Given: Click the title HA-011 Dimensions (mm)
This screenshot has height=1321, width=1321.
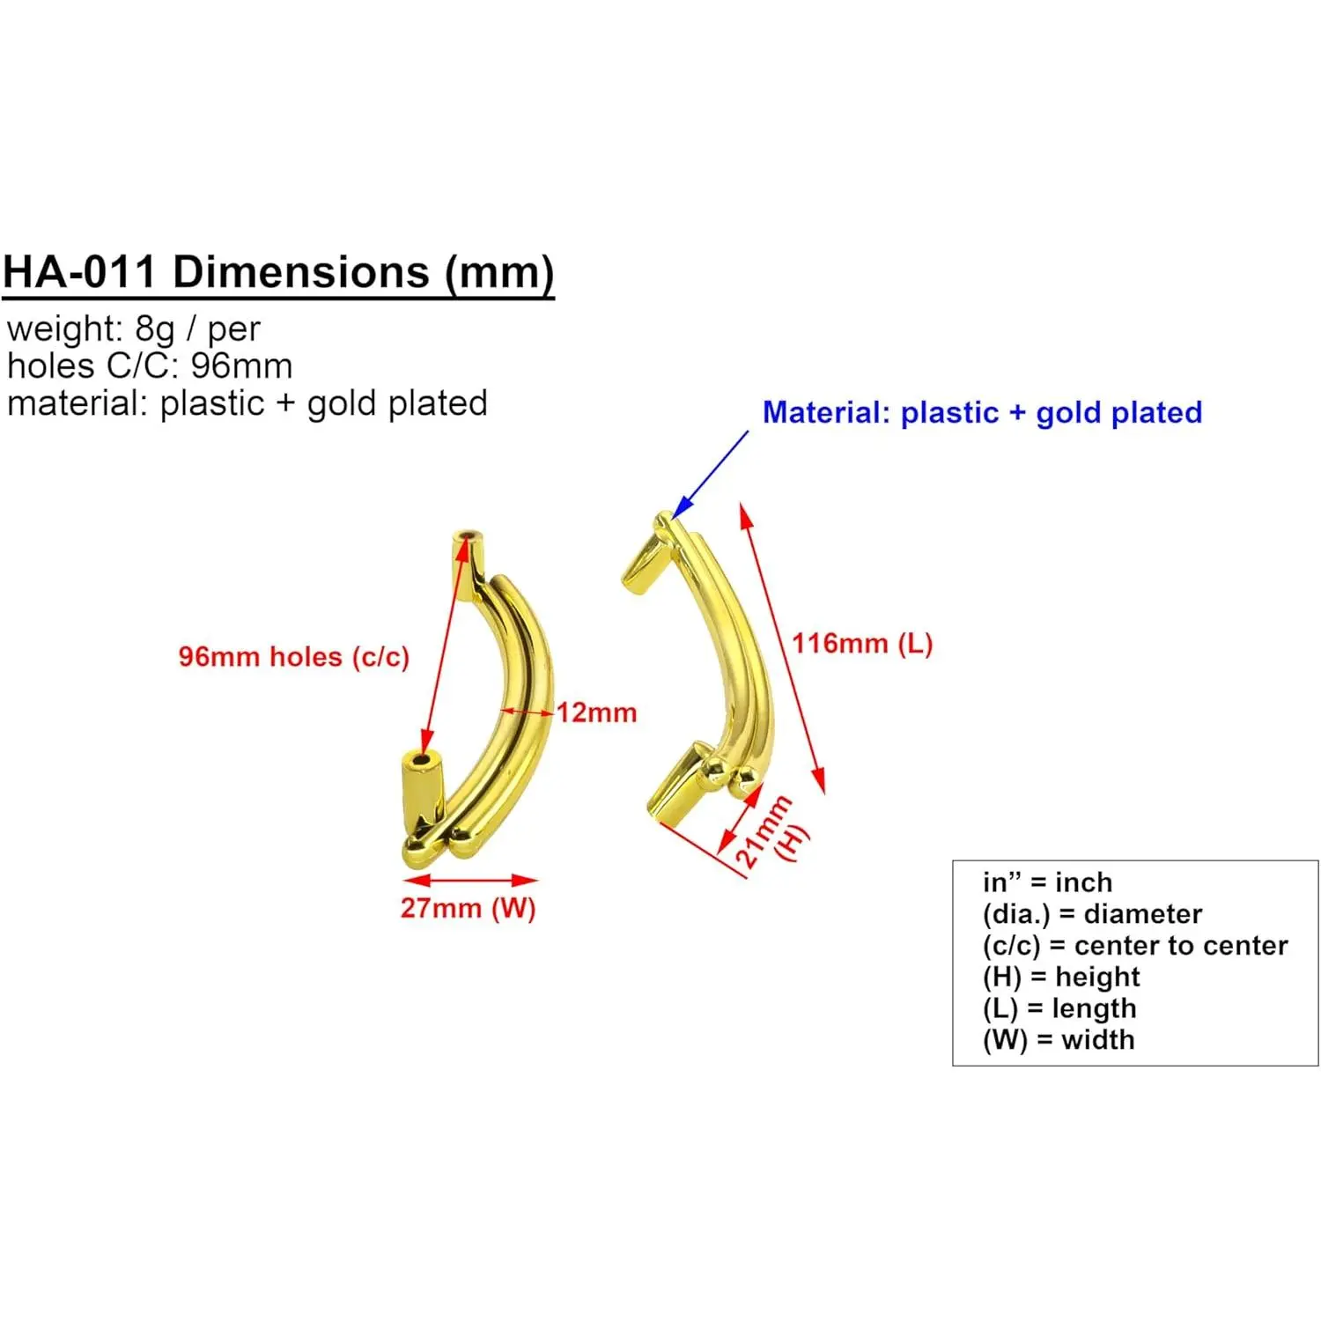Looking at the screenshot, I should tap(278, 272).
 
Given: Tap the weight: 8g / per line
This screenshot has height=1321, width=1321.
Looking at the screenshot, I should tap(134, 329).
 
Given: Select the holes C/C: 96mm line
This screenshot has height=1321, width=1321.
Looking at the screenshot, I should tap(150, 366).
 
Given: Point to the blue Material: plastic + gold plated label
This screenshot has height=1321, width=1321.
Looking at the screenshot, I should tap(982, 412).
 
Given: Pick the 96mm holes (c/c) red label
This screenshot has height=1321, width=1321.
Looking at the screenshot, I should tap(293, 657).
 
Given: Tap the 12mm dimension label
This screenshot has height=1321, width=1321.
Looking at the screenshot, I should tap(596, 712).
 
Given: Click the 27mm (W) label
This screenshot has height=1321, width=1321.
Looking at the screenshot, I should tap(468, 908).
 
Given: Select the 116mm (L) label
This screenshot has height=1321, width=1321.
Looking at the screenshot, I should tap(861, 644).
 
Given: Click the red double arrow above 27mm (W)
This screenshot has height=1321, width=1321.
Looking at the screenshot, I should tap(470, 880).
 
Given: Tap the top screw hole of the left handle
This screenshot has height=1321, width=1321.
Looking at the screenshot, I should tap(467, 535).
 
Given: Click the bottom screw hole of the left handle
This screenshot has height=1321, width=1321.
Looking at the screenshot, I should tap(424, 759).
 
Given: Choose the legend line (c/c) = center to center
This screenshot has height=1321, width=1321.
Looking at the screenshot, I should tap(1134, 946).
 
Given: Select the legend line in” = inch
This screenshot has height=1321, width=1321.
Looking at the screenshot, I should tap(1047, 882).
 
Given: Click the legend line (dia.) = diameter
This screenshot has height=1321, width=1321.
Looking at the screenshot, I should tap(1092, 914).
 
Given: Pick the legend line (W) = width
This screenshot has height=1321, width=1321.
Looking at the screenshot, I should tap(1059, 1040).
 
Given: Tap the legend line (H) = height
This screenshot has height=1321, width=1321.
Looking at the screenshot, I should tap(1061, 977).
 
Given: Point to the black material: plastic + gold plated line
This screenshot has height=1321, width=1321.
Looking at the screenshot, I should tap(247, 403).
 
